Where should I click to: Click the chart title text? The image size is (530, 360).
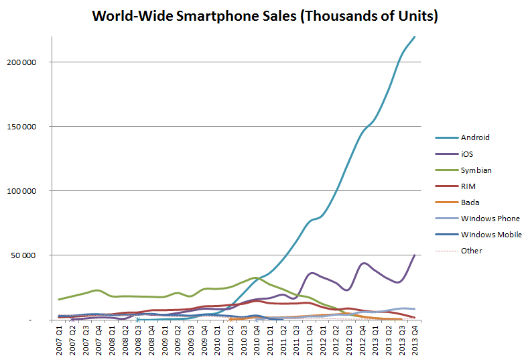tap(265, 15)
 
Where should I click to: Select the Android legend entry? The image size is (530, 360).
tap(475, 137)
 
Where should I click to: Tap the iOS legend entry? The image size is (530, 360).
tap(467, 154)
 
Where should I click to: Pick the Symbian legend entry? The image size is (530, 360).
tap(476, 170)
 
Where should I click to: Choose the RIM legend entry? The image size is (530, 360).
tap(468, 186)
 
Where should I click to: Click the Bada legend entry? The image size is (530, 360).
tap(470, 202)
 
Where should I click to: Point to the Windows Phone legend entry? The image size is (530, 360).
tap(490, 219)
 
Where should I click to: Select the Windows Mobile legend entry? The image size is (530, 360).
tap(491, 235)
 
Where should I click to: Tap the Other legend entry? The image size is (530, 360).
tap(472, 251)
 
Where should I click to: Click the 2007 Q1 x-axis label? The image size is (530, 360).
tap(60, 339)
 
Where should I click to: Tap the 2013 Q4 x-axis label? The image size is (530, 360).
tap(415, 339)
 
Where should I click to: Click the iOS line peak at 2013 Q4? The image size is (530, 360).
tap(415, 255)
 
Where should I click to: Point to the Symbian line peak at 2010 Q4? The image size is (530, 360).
tap(255, 278)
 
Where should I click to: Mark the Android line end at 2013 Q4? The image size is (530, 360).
tap(415, 37)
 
